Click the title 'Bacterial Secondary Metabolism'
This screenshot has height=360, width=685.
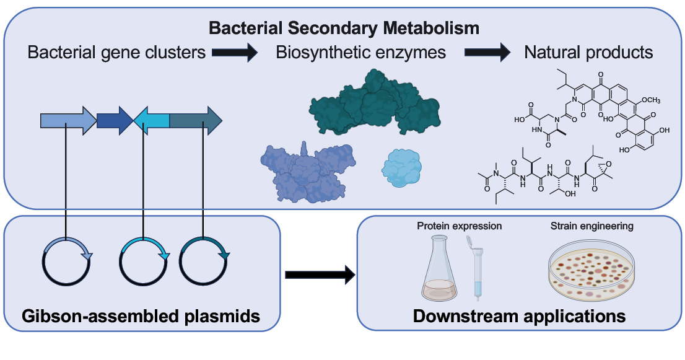pyautogui.click(x=344, y=28)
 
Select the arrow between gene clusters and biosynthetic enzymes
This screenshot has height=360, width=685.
pyautogui.click(x=235, y=53)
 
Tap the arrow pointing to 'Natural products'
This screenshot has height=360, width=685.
pyautogui.click(x=487, y=53)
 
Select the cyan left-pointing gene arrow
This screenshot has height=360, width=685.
pyautogui.click(x=151, y=121)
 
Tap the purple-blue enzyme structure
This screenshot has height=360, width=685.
pyautogui.click(x=308, y=172)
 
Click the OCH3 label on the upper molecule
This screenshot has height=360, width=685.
pyautogui.click(x=651, y=100)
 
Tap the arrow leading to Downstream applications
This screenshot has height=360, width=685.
pyautogui.click(x=320, y=275)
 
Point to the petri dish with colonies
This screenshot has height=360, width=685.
pyautogui.click(x=591, y=270)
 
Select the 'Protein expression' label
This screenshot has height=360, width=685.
pyautogui.click(x=459, y=226)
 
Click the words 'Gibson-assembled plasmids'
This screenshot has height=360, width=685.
pyautogui.click(x=141, y=315)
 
